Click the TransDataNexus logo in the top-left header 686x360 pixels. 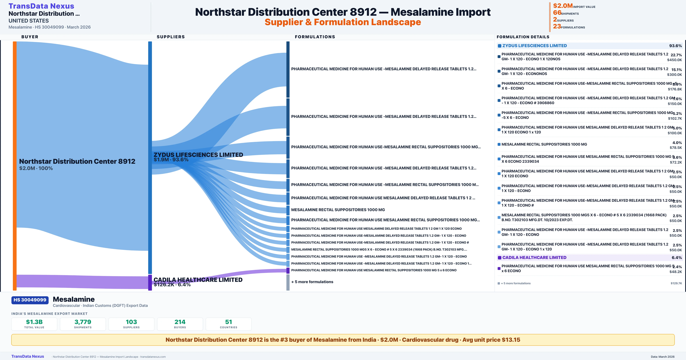[x=41, y=6]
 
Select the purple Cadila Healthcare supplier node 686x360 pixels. [x=150, y=282]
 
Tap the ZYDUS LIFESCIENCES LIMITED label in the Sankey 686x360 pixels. [x=198, y=155]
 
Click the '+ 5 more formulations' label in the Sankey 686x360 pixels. [x=312, y=282]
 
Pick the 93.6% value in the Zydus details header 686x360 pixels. [x=675, y=46]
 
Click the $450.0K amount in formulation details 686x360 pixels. [x=674, y=60]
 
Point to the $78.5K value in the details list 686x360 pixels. [x=676, y=148]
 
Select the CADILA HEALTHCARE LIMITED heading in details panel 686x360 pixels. [x=534, y=257]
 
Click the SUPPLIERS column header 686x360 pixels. [x=171, y=37]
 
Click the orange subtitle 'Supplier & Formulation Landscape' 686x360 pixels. [x=343, y=22]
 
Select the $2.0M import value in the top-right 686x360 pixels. [x=563, y=6]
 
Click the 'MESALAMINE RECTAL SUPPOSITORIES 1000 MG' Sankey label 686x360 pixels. [x=338, y=210]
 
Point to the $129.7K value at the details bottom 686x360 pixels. [x=676, y=283]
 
